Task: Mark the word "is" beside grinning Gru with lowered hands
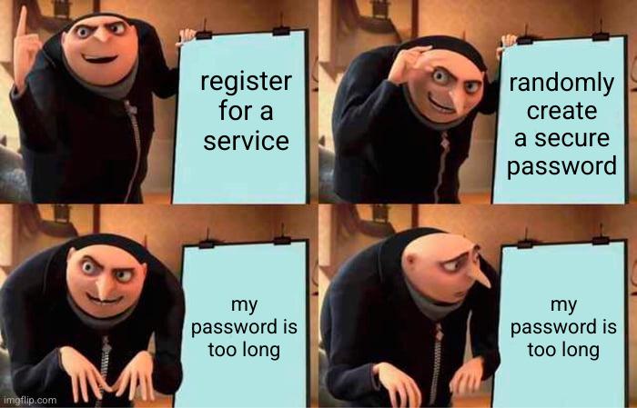click(277, 327)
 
